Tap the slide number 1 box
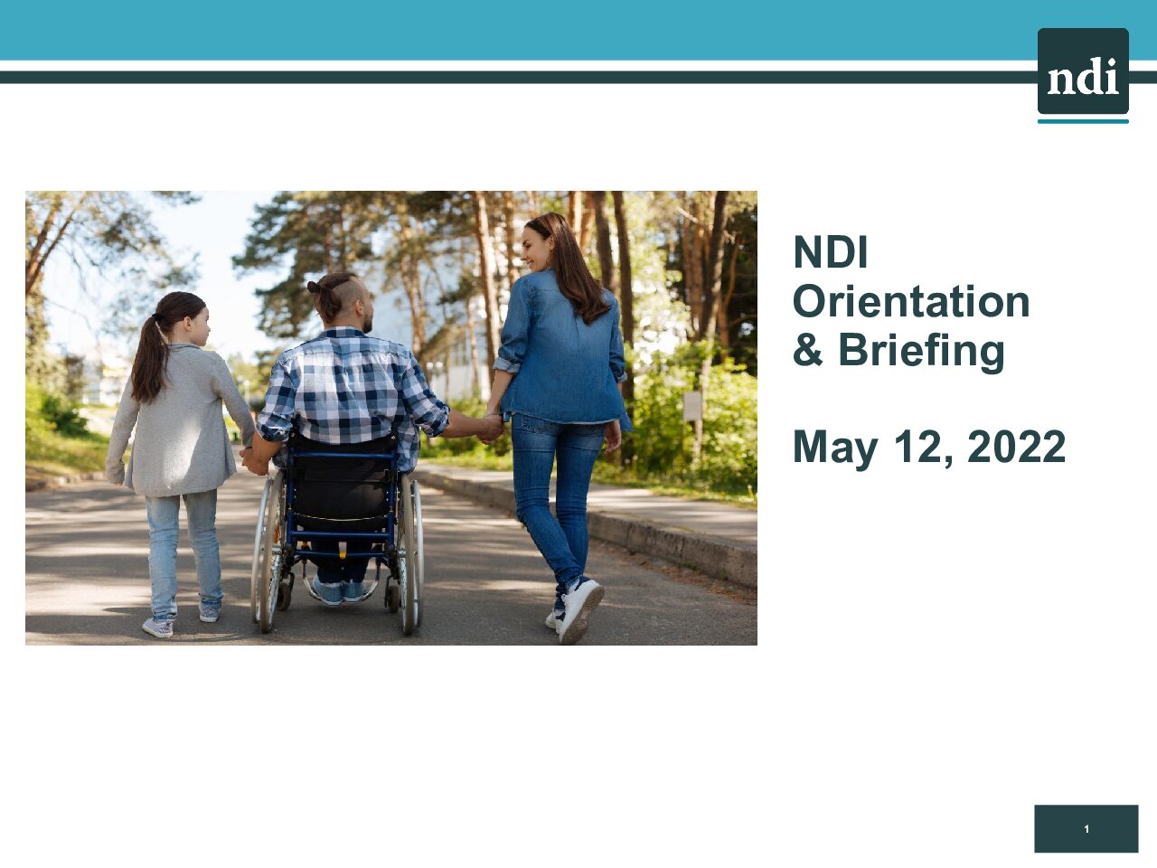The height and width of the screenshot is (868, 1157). click(x=1086, y=828)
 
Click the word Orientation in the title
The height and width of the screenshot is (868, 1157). click(x=911, y=302)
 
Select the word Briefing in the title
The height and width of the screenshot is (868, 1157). click(x=921, y=352)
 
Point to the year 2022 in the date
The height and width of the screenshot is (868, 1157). click(x=1016, y=447)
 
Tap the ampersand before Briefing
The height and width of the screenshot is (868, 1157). click(x=807, y=349)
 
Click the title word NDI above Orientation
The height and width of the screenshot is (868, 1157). click(x=830, y=252)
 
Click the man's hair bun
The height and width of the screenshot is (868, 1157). click(x=315, y=288)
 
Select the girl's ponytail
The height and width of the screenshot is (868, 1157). click(x=150, y=358)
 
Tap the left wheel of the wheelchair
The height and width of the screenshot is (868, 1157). click(x=268, y=551)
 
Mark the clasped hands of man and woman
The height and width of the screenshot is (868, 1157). click(x=490, y=428)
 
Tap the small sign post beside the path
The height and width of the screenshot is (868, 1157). click(x=692, y=406)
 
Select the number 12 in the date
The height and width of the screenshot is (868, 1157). click(x=918, y=447)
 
